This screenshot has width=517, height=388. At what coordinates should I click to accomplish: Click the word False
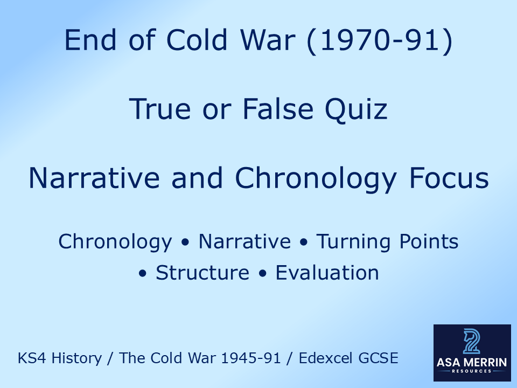(x=276, y=109)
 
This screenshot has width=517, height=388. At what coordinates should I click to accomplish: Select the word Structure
(x=202, y=273)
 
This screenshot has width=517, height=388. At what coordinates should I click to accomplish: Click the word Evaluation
(x=327, y=273)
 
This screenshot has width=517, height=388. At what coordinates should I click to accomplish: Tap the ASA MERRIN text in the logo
(x=471, y=362)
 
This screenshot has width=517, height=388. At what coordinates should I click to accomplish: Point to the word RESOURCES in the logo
(x=471, y=372)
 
